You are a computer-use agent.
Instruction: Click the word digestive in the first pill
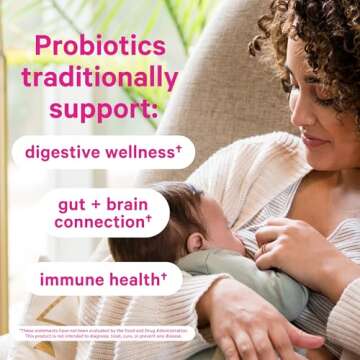tap(62, 153)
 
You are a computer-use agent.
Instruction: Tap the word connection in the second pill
tap(98, 221)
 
